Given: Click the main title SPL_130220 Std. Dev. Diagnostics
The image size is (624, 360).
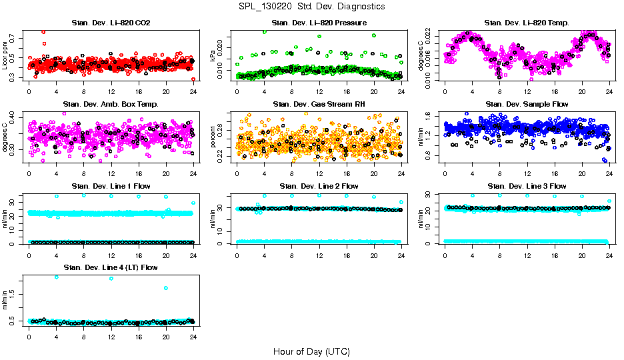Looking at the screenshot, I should [311, 7].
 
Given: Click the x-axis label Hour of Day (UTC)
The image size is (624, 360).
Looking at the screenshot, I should [311, 351].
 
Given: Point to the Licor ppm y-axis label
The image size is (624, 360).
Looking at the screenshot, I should [5, 55].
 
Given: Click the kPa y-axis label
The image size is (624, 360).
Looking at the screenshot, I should [213, 58].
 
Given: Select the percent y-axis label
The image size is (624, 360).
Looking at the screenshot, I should [213, 138].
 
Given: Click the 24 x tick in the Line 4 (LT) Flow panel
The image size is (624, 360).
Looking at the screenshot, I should [193, 337].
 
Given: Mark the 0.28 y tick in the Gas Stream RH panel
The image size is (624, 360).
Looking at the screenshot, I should [223, 127].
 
